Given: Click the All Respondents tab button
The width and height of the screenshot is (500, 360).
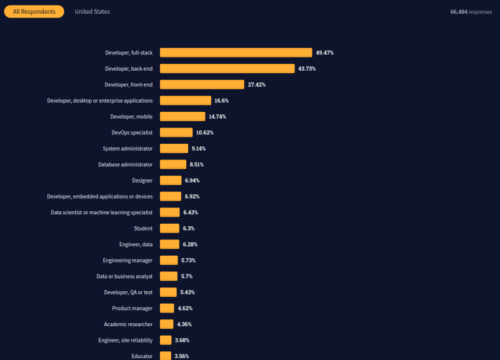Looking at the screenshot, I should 34,12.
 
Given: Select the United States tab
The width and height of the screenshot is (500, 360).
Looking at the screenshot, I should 92,12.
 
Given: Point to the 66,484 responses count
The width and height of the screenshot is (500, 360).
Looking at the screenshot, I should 471,12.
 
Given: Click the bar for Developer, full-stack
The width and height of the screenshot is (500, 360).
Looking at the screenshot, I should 236,53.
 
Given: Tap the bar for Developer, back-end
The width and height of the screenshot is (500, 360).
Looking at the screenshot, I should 227,69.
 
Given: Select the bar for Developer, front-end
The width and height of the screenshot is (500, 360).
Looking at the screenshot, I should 202,84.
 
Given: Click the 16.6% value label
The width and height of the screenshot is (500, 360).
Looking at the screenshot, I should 222,101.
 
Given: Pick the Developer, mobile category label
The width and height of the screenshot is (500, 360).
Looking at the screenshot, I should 131,116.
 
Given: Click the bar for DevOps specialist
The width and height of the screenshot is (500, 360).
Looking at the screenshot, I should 176,132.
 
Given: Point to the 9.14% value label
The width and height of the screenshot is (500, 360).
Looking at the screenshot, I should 199,149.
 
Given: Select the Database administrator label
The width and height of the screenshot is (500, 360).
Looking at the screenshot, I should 125,164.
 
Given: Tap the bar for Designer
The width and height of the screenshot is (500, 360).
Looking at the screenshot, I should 171,181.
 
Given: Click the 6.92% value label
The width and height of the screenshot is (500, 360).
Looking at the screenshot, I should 192,196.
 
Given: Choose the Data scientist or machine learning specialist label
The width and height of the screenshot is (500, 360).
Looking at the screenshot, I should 101,212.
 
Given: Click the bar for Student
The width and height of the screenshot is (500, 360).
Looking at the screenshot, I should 169,229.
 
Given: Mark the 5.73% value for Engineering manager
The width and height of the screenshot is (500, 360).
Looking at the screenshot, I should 189,261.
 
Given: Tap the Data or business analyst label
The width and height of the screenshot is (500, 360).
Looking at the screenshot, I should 124,276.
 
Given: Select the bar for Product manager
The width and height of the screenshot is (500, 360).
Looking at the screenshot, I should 167,308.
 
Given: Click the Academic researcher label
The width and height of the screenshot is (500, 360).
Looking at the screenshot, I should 128,324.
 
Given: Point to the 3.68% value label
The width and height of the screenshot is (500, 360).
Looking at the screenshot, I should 182,340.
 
